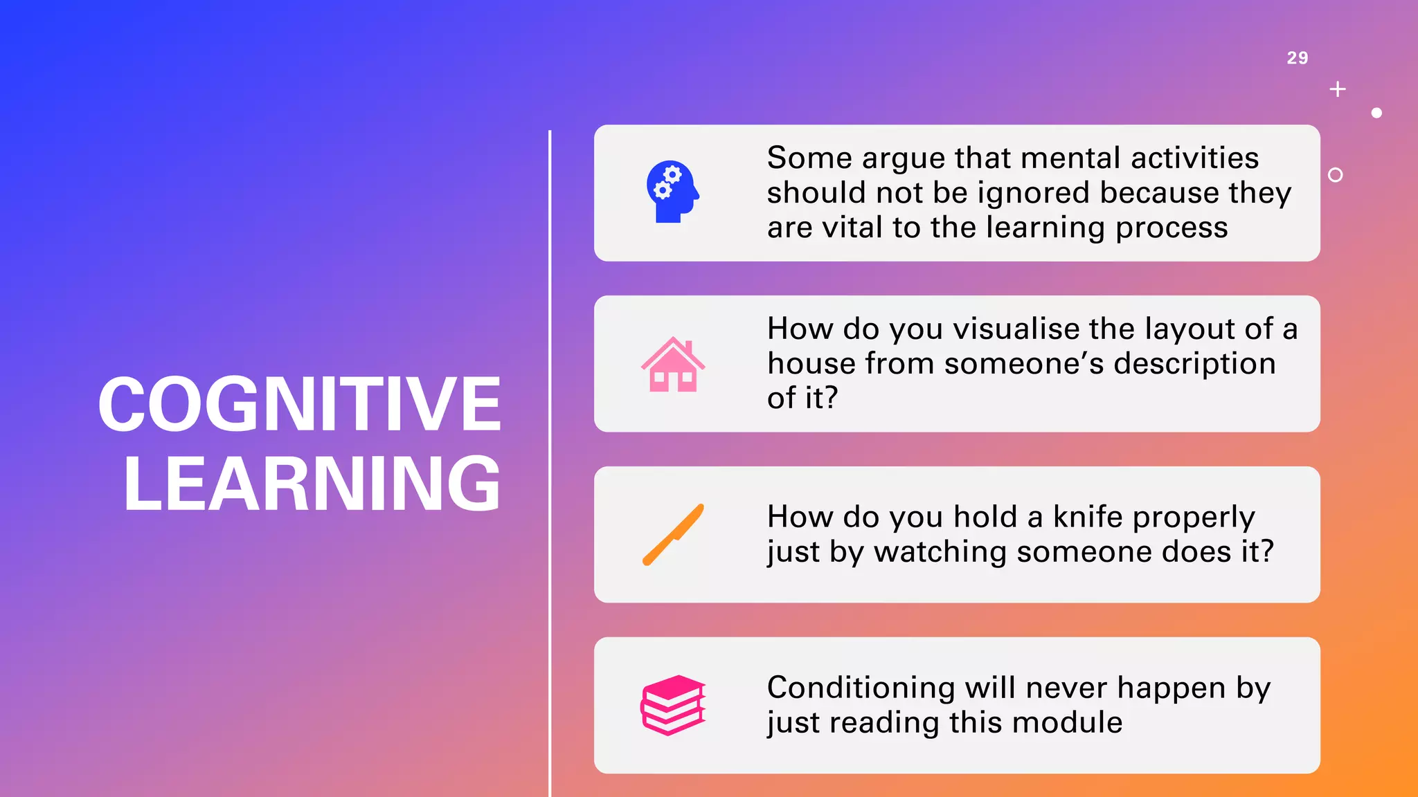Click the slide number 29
click(x=1297, y=58)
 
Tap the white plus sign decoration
click(x=1338, y=89)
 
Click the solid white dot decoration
click(x=1376, y=113)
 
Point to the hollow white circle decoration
click(x=1336, y=175)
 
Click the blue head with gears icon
click(x=672, y=192)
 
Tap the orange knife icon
click(x=673, y=534)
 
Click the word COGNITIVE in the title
click(x=300, y=404)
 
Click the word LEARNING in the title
click(x=312, y=484)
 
